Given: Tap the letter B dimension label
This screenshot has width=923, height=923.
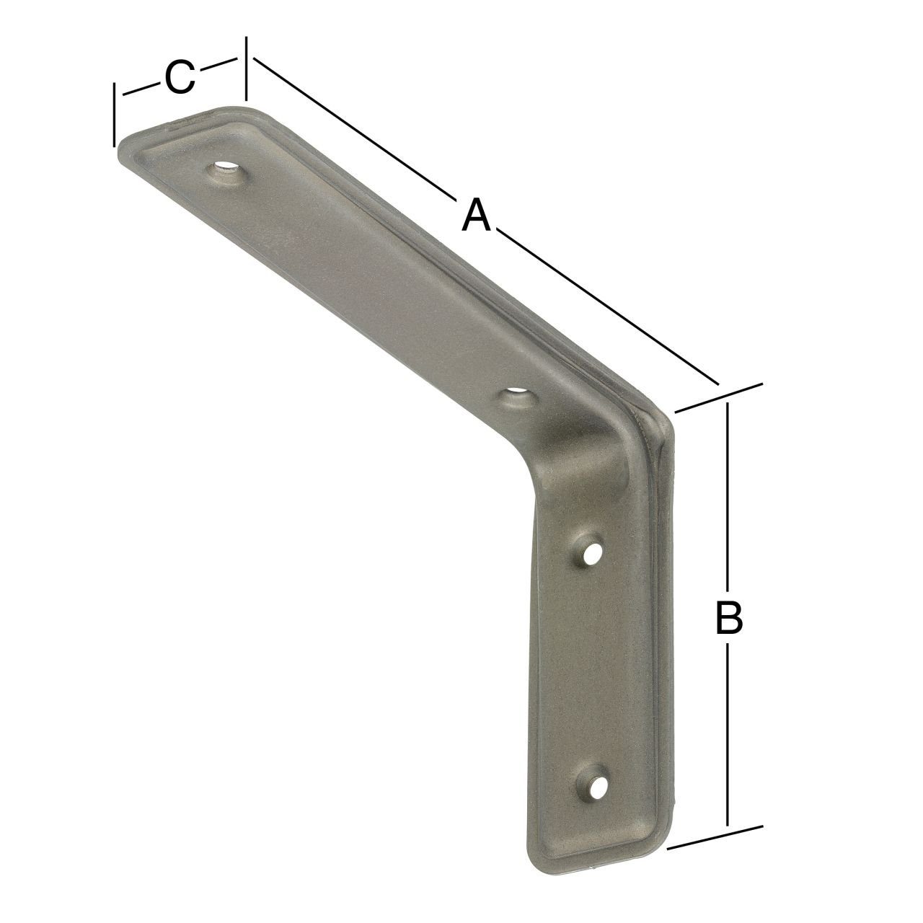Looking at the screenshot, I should [728, 619].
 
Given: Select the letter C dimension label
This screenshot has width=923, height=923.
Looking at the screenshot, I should [180, 78].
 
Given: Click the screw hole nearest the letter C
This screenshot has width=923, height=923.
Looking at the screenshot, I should [226, 172].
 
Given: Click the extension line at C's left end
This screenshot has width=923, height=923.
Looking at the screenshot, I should [114, 115].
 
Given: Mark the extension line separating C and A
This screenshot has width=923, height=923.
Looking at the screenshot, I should [247, 69].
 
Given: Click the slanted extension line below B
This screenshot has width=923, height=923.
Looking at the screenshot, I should [714, 836].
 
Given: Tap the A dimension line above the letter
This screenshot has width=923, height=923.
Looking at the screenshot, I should [353, 130].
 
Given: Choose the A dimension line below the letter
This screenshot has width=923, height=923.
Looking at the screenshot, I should [613, 310].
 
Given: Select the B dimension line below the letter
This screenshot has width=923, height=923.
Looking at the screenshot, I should [728, 736].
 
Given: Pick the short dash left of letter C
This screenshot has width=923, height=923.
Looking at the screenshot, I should [141, 89].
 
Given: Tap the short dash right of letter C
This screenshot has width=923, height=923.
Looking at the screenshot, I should [218, 65].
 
